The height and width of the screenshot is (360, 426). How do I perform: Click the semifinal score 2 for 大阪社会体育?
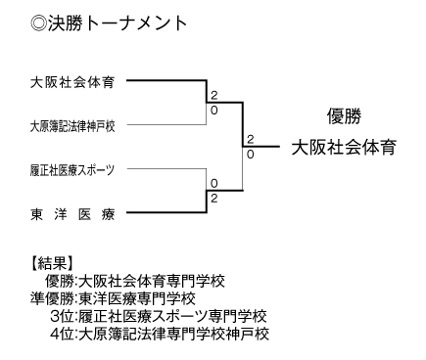[212, 97]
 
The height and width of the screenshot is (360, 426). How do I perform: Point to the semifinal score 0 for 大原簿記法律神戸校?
[212, 111]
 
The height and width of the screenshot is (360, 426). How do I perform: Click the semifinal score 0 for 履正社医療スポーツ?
[212, 183]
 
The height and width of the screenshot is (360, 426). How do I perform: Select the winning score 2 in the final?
[251, 139]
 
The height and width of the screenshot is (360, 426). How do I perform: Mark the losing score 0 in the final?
[251, 154]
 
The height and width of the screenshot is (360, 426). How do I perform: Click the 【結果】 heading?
[50, 262]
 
